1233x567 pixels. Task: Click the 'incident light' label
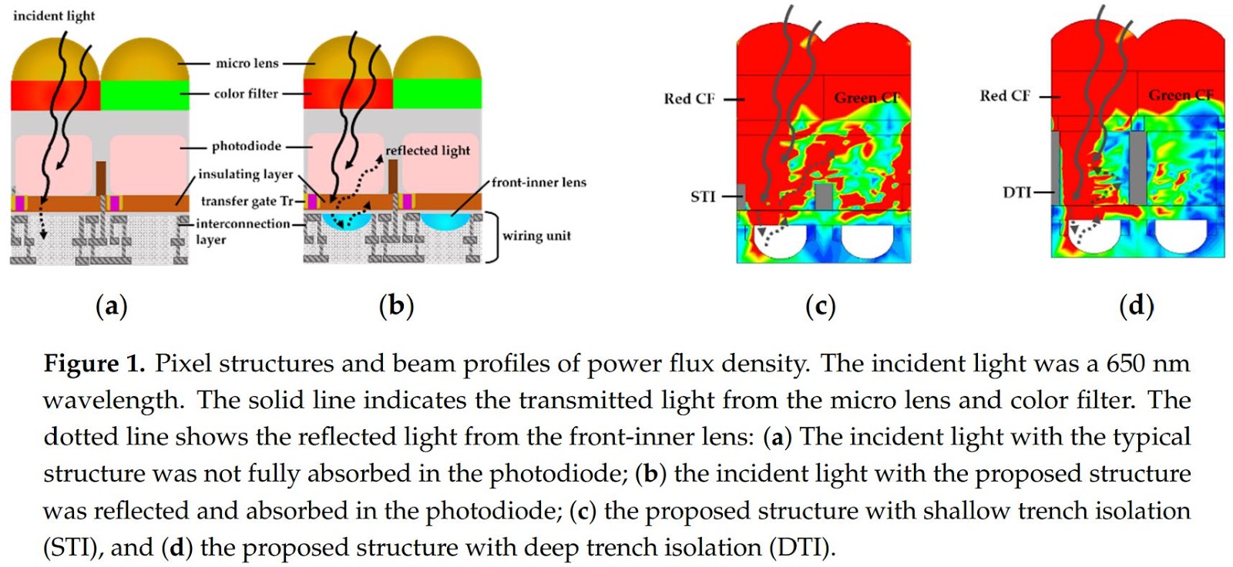pyautogui.click(x=54, y=15)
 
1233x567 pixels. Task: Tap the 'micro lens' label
pyautogui.click(x=247, y=63)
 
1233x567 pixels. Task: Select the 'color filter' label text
pyautogui.click(x=246, y=93)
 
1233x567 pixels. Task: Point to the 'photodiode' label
pyautogui.click(x=246, y=146)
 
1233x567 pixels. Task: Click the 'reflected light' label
pyautogui.click(x=428, y=150)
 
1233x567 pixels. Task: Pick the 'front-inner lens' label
pyautogui.click(x=539, y=183)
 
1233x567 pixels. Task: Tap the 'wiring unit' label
pyautogui.click(x=536, y=236)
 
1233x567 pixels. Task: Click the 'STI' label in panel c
pyautogui.click(x=703, y=197)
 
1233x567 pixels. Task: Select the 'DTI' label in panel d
pyautogui.click(x=1016, y=193)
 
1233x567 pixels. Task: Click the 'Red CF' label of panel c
pyautogui.click(x=689, y=99)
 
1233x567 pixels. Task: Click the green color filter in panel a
pyautogui.click(x=145, y=95)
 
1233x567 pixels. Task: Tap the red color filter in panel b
pyautogui.click(x=347, y=93)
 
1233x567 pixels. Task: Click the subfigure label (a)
pyautogui.click(x=111, y=306)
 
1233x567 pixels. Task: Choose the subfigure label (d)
pyautogui.click(x=1136, y=306)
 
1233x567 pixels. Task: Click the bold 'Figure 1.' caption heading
pyautogui.click(x=94, y=364)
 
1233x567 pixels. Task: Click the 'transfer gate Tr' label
pyautogui.click(x=247, y=201)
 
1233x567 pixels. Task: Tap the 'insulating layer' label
pyautogui.click(x=245, y=174)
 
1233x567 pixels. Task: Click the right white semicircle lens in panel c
pyautogui.click(x=867, y=240)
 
